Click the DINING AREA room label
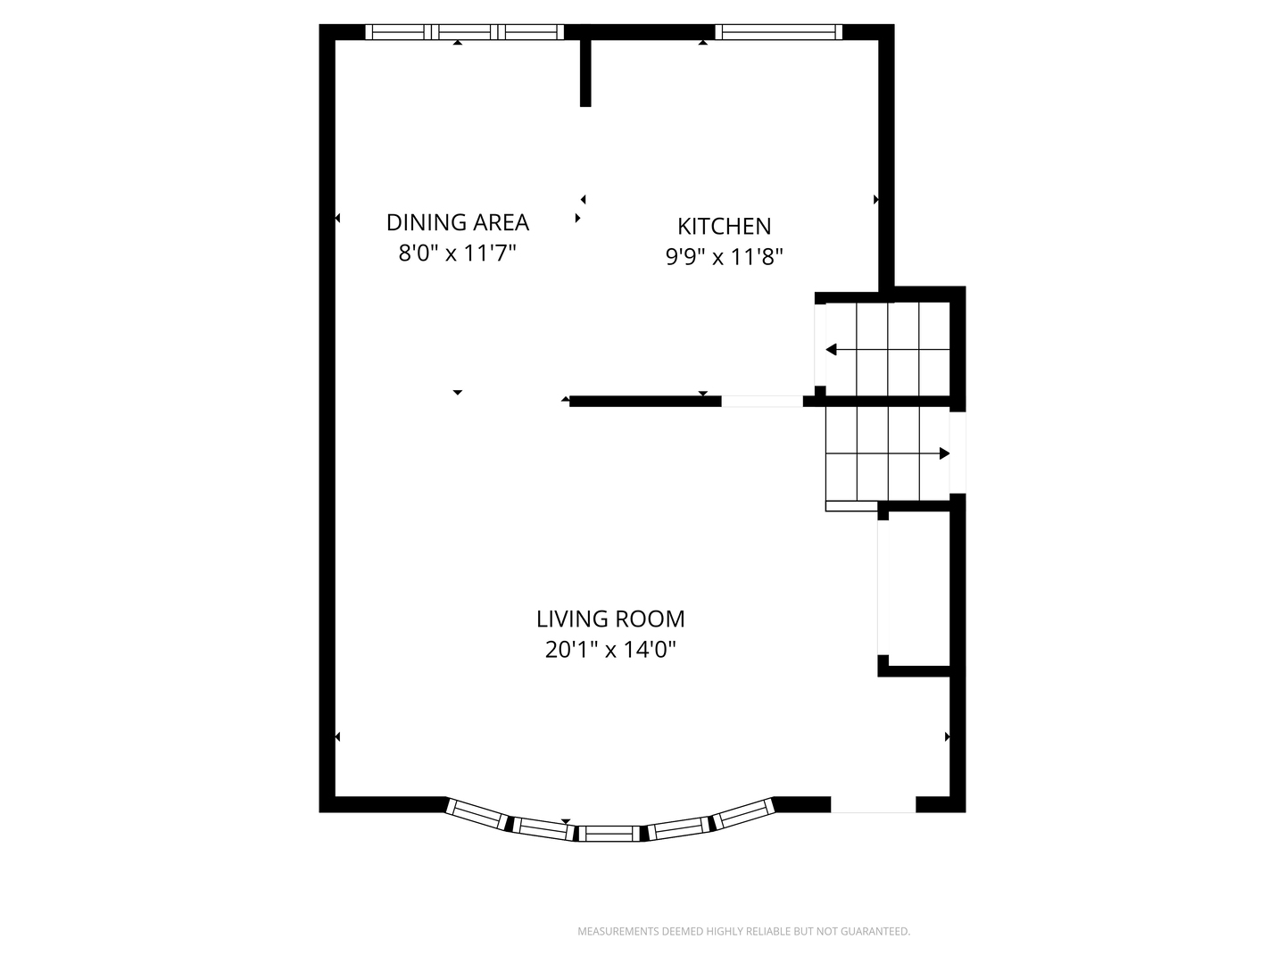(457, 222)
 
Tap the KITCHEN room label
(725, 226)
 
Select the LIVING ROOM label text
(610, 619)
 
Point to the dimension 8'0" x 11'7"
(457, 253)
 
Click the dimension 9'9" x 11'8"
(725, 257)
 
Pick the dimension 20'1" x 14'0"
(610, 650)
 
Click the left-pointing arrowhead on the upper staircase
(832, 350)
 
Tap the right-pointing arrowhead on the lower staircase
(944, 453)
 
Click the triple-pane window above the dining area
(464, 32)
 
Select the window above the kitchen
(779, 32)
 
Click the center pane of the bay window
(609, 834)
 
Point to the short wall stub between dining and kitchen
(585, 73)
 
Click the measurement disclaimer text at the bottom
(743, 931)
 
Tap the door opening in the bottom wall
(873, 805)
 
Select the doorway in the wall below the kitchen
(762, 402)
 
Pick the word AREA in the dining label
(501, 222)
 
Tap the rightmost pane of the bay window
(743, 814)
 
